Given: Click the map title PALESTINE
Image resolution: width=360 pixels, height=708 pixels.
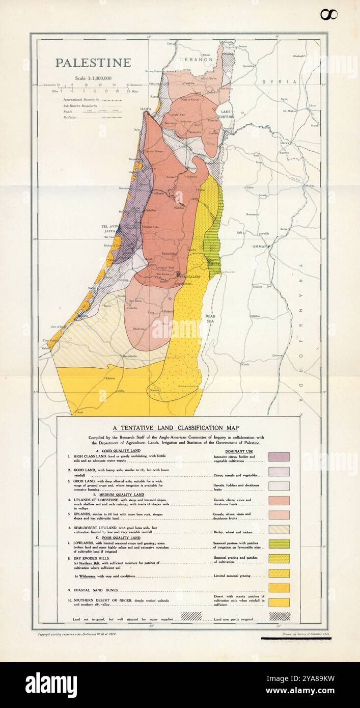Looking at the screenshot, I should (93, 63).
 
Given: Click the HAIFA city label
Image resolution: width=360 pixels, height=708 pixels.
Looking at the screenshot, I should (147, 108).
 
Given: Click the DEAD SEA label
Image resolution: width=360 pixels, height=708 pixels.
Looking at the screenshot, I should (210, 318).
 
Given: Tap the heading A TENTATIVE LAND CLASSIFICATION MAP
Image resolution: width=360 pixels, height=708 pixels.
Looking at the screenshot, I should (176, 428).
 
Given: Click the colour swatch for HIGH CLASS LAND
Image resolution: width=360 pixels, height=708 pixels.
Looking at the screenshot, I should (279, 457).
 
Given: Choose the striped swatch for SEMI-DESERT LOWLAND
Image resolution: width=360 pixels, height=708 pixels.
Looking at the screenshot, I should (279, 529).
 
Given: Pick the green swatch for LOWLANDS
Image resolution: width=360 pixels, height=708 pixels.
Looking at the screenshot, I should (279, 544).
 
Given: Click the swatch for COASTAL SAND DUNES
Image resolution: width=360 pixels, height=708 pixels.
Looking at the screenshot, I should (279, 588).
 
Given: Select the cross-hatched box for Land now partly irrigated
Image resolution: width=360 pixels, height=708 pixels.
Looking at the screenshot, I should (280, 616).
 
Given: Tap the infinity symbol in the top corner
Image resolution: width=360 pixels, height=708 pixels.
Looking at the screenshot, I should (329, 15).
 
